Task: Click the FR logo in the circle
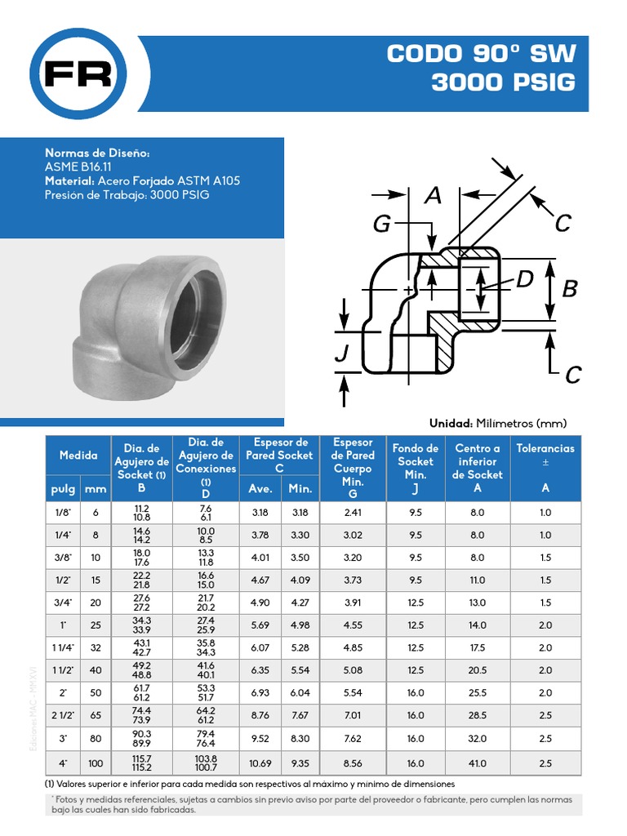pyautogui.click(x=78, y=74)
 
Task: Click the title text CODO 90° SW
pyautogui.click(x=481, y=54)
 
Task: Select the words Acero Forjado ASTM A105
pyautogui.click(x=168, y=180)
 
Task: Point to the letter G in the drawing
pyautogui.click(x=383, y=224)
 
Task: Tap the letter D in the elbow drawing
pyautogui.click(x=523, y=279)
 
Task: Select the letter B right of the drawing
pyautogui.click(x=570, y=288)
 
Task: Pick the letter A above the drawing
pyautogui.click(x=433, y=195)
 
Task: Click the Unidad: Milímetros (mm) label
pyautogui.click(x=497, y=423)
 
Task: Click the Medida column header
pyautogui.click(x=78, y=456)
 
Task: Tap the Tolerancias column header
pyautogui.click(x=545, y=448)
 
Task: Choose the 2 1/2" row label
pyautogui.click(x=62, y=715)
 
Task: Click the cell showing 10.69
pyautogui.click(x=260, y=763)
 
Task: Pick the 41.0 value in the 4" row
pyautogui.click(x=478, y=763)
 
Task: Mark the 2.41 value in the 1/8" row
pyautogui.click(x=353, y=513)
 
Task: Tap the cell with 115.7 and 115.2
pyautogui.click(x=141, y=763)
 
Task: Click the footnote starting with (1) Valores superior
pyautogui.click(x=250, y=784)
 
